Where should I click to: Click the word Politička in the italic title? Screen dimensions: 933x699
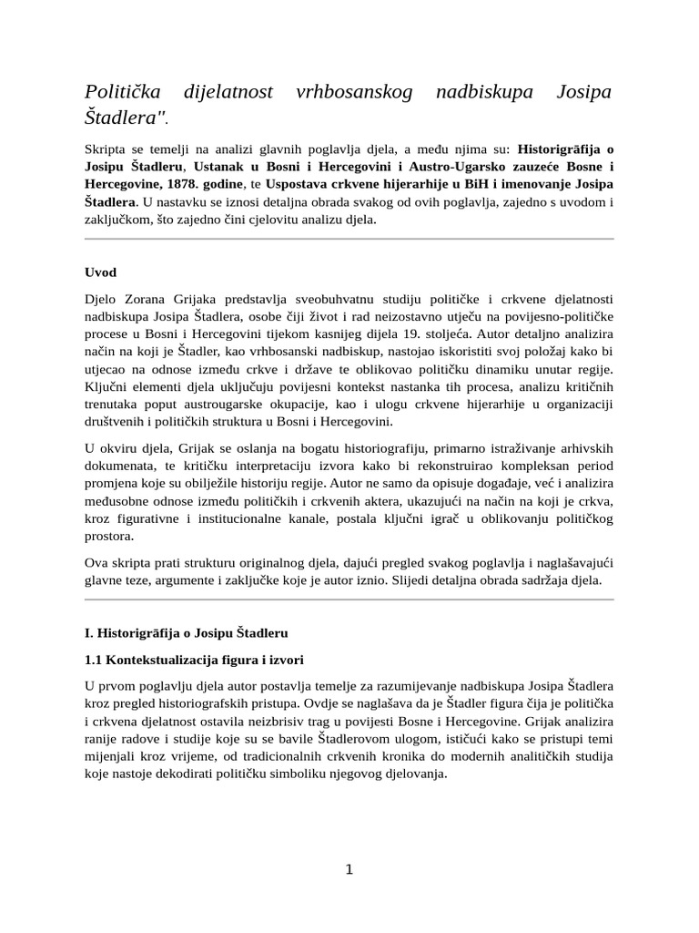click(122, 92)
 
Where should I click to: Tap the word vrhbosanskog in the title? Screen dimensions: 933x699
click(355, 92)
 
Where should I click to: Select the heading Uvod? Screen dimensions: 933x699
click(100, 272)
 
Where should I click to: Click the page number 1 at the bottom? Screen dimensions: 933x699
click(349, 869)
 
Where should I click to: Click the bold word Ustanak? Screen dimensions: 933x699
click(222, 167)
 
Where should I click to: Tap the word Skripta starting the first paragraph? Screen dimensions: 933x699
click(106, 149)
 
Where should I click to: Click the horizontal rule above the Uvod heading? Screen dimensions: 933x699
click(349, 239)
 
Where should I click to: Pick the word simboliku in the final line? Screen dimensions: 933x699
click(322, 773)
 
